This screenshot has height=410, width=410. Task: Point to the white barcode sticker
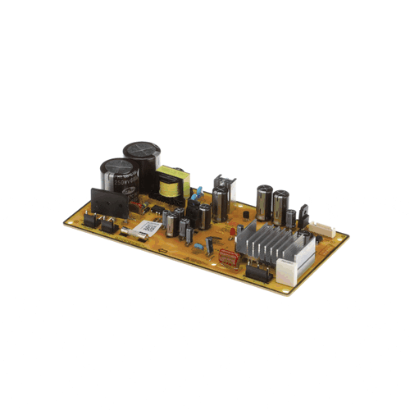pos(148,227)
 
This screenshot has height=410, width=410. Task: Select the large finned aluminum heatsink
pos(271,242)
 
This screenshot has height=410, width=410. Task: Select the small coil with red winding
pos(211,243)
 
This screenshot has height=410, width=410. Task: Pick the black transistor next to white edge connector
pos(303,215)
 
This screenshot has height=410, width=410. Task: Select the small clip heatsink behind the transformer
pos(221,184)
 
